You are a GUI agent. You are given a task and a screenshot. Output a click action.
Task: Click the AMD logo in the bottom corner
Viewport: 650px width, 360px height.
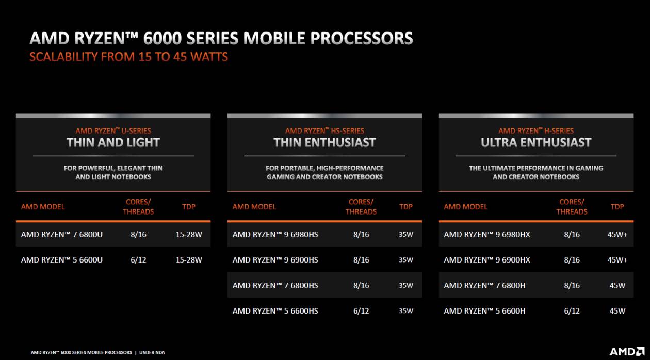tap(627, 352)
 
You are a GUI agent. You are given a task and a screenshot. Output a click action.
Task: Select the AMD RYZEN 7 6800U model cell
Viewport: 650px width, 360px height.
tap(62, 234)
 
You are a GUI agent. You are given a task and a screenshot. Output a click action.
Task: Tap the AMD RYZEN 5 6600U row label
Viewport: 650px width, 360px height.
tap(62, 260)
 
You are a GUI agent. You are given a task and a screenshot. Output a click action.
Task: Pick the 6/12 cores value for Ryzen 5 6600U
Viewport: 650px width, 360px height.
tap(138, 260)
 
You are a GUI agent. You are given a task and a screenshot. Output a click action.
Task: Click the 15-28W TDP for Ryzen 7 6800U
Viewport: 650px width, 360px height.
tap(189, 234)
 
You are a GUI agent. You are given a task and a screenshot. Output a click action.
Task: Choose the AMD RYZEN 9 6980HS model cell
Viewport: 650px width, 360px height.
tap(275, 234)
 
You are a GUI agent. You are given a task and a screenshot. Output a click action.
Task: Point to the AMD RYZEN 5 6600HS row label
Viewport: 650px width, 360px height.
tap(275, 311)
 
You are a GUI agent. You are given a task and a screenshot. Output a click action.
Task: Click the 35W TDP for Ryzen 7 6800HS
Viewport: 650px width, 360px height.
tap(406, 285)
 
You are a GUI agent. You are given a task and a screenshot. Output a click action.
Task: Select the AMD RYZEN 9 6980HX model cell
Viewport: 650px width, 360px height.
tap(487, 234)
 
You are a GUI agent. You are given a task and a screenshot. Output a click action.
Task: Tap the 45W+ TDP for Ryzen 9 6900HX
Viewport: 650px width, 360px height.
tap(617, 260)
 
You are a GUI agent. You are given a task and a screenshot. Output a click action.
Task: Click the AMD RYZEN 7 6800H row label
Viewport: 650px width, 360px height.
tap(484, 285)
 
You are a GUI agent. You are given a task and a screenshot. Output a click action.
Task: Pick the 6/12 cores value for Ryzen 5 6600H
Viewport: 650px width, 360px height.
tap(572, 311)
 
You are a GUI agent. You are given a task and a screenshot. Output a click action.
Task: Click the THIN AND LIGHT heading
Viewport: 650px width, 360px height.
tap(113, 142)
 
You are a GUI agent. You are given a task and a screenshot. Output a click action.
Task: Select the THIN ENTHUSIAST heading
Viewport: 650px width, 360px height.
tap(324, 142)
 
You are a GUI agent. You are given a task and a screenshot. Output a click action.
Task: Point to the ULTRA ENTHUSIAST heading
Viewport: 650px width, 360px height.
tap(536, 142)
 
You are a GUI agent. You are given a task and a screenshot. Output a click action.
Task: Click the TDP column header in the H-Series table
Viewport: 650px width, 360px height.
tap(617, 207)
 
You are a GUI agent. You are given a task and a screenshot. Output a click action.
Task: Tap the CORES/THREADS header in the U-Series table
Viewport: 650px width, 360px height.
tap(138, 207)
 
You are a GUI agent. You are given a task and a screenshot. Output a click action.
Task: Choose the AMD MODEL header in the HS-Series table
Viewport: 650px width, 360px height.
tap(254, 207)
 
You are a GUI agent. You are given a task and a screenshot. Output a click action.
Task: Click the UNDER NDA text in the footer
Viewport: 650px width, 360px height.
tap(152, 352)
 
